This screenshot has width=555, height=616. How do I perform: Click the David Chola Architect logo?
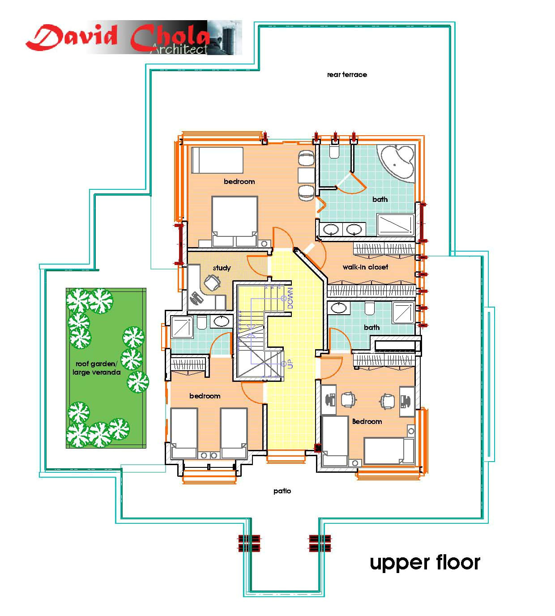133,38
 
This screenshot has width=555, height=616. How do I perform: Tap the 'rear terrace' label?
347,75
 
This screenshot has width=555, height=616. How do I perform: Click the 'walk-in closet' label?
365,267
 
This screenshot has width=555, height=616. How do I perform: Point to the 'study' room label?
222,268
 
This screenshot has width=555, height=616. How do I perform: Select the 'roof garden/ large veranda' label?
96,368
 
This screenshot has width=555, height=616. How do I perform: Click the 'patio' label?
282,491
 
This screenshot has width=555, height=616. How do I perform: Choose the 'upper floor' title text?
425,562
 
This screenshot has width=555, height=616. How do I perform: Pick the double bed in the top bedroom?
235,221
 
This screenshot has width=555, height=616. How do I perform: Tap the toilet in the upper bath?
334,151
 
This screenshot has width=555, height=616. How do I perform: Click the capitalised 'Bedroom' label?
367,421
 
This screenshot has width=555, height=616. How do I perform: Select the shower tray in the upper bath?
396,225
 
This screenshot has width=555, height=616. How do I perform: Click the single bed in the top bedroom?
218,160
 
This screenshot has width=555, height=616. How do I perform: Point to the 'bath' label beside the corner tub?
380,199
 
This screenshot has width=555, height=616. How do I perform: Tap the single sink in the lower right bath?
339,308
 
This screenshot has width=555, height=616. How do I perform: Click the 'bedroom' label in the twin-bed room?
205,396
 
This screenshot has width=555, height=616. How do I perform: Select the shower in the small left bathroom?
182,327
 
